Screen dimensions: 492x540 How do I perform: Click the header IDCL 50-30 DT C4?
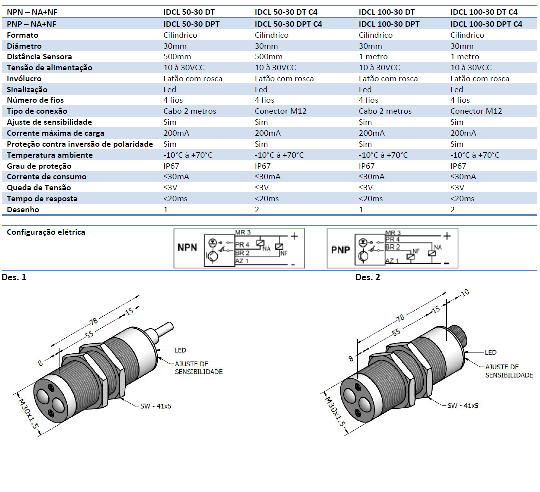coord(286,12)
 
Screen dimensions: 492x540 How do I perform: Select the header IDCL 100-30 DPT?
coord(389,24)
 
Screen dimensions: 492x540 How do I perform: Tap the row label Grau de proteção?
coord(39,166)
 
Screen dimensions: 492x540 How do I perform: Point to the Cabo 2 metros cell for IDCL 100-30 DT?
coord(385,111)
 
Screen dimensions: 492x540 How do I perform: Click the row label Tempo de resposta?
coord(42,199)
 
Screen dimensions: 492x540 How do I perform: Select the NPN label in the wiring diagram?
coord(188,247)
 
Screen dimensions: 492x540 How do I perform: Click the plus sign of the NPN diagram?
coord(295,235)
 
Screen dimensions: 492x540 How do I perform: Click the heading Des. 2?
coord(367,277)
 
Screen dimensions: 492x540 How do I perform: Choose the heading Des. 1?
coord(14,277)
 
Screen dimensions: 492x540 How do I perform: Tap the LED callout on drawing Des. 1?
coord(180,350)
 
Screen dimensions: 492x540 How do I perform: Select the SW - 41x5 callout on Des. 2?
coord(463,405)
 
